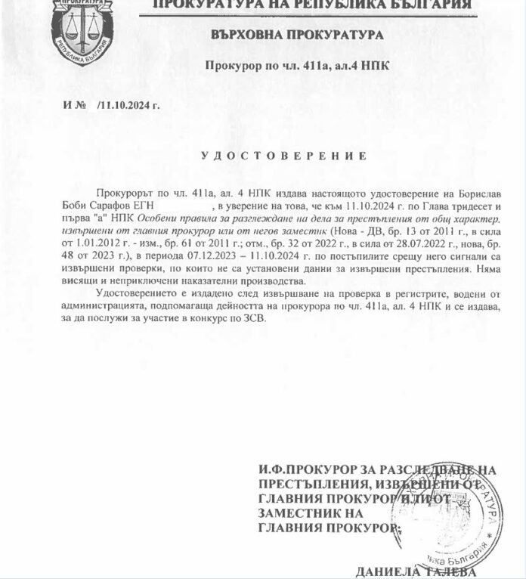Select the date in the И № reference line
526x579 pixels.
(x=129, y=105)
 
